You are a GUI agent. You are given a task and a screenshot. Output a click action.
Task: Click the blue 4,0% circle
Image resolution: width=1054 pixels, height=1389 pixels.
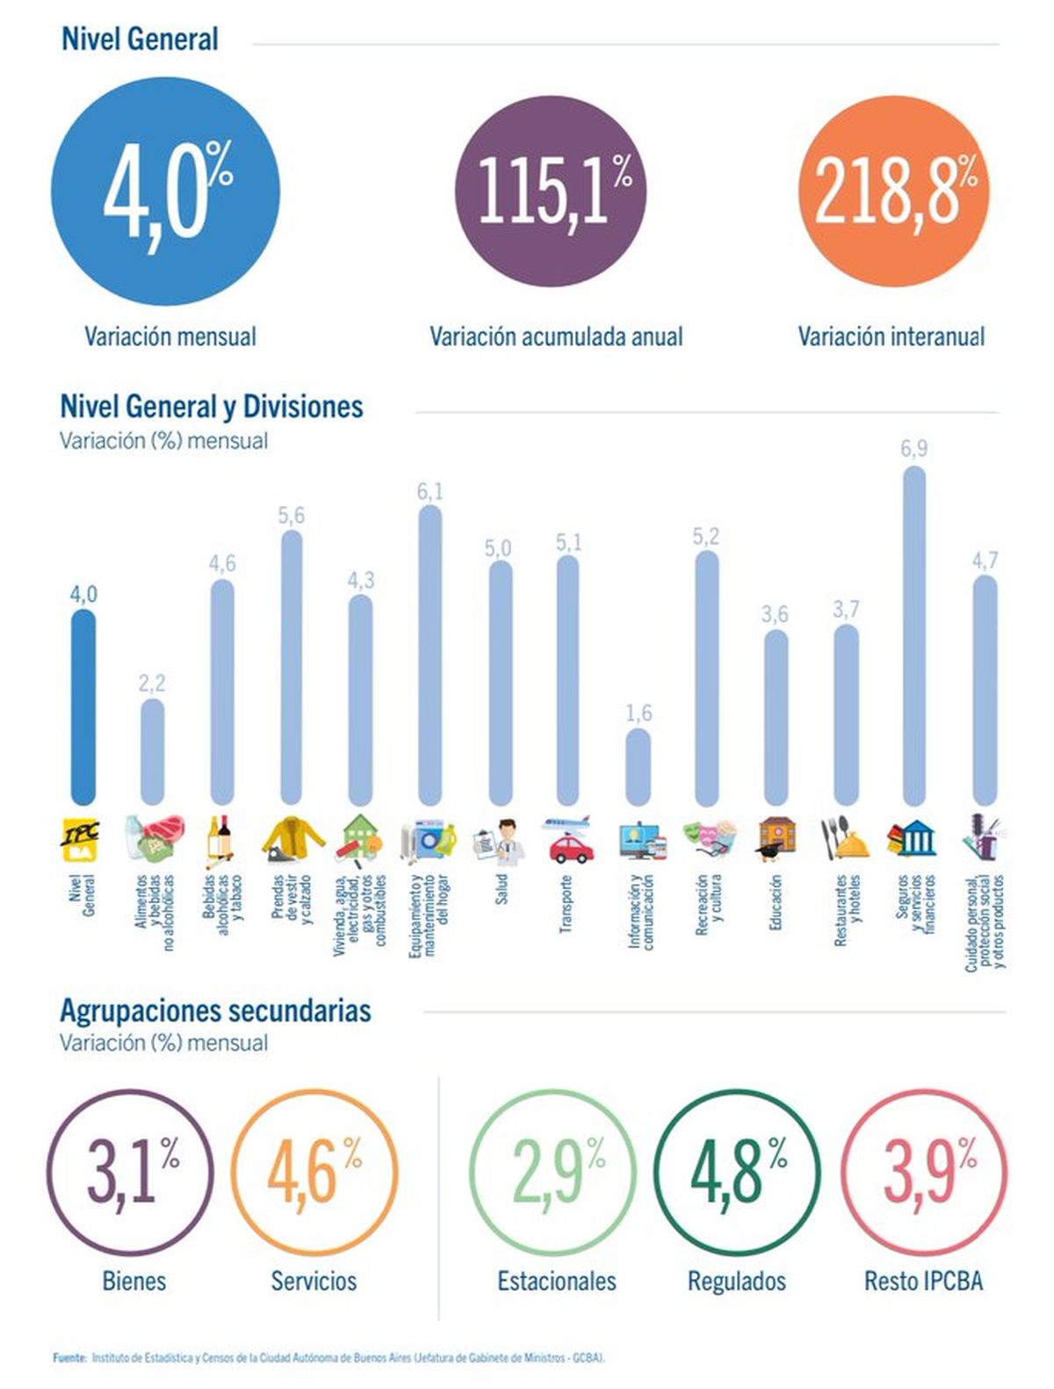[165, 192]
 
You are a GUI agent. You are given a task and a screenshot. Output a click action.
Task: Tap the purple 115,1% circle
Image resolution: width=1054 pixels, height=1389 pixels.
[551, 191]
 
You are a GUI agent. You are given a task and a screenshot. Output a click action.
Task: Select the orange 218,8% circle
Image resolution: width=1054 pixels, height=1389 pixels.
[894, 191]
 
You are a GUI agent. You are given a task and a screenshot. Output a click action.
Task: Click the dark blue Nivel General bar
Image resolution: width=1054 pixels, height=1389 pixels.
[83, 707]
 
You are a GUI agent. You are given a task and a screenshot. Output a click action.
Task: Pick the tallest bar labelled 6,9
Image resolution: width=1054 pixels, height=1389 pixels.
[914, 636]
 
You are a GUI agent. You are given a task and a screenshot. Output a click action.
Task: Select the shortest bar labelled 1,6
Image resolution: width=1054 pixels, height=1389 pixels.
[639, 767]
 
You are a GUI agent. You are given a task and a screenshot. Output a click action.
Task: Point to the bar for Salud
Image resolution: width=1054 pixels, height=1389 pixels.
[500, 683]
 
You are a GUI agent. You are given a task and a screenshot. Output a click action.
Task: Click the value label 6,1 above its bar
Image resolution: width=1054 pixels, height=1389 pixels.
[430, 491]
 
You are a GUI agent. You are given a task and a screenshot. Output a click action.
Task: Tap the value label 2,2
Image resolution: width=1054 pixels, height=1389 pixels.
[152, 683]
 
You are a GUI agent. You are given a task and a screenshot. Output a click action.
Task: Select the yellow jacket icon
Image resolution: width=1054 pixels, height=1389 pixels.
[291, 839]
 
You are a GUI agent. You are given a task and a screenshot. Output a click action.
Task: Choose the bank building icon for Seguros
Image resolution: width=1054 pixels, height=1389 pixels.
[914, 840]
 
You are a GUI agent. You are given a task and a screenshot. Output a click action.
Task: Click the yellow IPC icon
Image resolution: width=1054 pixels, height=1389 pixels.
[81, 840]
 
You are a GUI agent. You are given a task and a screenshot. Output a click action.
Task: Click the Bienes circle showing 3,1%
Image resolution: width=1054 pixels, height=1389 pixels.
[130, 1172]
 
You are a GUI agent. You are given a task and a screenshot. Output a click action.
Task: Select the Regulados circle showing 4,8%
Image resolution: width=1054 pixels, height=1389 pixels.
[738, 1172]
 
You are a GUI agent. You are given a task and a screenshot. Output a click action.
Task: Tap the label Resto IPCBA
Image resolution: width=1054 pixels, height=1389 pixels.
[923, 1281]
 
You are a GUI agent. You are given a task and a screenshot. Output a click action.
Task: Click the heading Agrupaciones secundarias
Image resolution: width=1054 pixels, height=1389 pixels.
[215, 1010]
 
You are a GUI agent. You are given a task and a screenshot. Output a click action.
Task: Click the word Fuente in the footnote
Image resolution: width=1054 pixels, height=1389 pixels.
[69, 1357]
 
